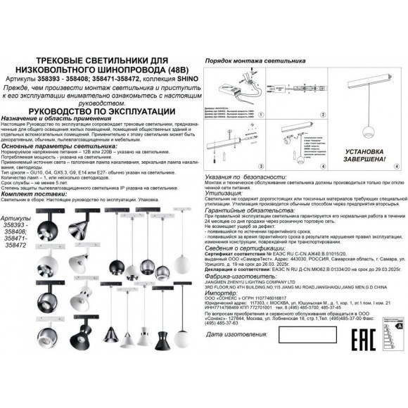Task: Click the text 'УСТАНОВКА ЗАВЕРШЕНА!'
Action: pyautogui.click(x=366, y=155)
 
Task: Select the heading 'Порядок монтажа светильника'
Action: pyautogui.click(x=249, y=62)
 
